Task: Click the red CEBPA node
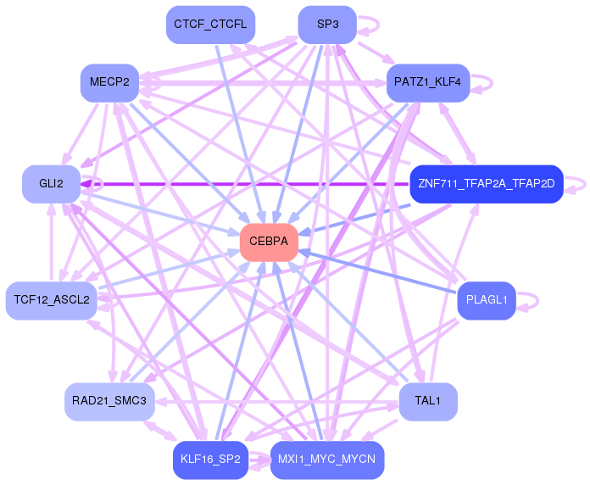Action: pos(269,242)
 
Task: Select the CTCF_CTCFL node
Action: pos(210,25)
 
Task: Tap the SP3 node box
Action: pos(327,25)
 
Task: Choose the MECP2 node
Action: pos(109,83)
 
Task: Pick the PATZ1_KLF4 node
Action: pos(428,83)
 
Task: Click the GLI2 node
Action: pos(51,184)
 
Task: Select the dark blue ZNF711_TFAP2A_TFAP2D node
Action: pos(486,184)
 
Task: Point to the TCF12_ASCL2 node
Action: pos(52,300)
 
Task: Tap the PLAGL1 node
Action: pos(487,300)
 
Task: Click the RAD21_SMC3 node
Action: pos(109,401)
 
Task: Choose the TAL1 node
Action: pos(428,401)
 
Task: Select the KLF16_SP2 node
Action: pos(210,460)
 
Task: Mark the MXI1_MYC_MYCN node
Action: pos(327,460)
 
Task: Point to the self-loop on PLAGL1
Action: pos(530,300)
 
